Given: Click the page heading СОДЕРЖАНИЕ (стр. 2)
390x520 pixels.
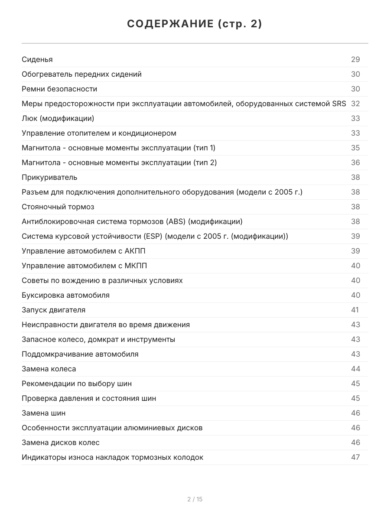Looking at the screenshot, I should pos(195,24).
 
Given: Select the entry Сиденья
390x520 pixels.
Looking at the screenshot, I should pos(37,59).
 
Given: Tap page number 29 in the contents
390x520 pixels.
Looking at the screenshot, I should pos(355,59).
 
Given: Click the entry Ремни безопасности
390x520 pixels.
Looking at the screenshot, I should pos(59,89).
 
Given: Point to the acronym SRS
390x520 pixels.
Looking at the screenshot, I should pos(339,104).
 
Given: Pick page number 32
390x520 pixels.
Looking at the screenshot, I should pos(355,104).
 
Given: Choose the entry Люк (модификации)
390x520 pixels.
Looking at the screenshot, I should pos(58,118).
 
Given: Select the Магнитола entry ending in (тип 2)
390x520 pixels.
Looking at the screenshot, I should pos(119,162).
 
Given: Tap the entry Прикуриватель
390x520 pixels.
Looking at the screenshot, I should pos(49,177).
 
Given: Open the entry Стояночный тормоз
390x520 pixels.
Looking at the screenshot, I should pos(58,207).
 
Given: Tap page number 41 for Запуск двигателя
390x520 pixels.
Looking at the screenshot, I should pos(355,310).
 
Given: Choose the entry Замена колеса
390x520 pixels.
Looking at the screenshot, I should pos(49,369).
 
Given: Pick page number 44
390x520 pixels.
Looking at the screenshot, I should pos(355,369).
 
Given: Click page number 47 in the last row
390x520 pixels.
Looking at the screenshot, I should pos(355,457).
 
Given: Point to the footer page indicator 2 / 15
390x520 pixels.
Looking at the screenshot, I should pos(195,499).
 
